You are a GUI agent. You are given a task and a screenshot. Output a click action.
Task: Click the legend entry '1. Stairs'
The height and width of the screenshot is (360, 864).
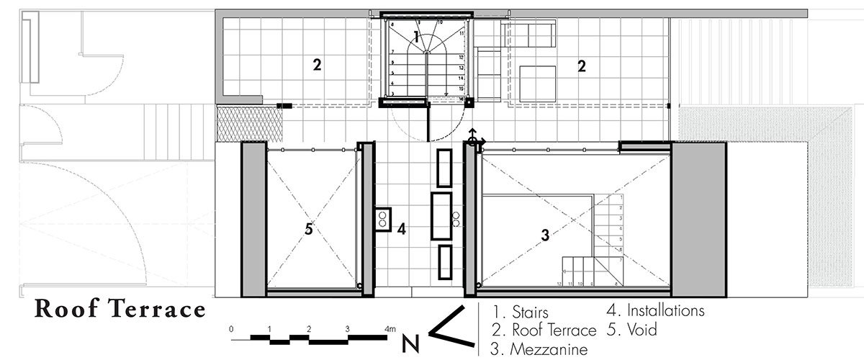[521, 313]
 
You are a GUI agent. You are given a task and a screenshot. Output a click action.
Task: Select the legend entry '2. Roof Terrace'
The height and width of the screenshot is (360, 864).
[544, 331]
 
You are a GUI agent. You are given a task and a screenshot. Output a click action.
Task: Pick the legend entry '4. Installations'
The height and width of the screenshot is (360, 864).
[654, 312]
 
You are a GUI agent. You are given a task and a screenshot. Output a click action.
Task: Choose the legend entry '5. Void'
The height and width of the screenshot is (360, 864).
[633, 330]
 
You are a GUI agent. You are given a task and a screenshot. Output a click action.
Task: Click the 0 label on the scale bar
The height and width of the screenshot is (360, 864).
[231, 328]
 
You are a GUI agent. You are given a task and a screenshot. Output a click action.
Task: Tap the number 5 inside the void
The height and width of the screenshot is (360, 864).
[308, 230]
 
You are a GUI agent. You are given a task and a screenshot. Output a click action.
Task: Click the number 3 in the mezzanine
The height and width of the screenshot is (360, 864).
[545, 234]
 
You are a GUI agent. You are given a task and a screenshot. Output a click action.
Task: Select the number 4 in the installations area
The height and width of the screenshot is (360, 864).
[401, 230]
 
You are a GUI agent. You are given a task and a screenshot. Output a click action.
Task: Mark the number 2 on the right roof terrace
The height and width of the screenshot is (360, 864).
[581, 66]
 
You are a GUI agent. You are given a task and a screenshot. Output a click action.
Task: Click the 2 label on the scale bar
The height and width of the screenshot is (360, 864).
[308, 328]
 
